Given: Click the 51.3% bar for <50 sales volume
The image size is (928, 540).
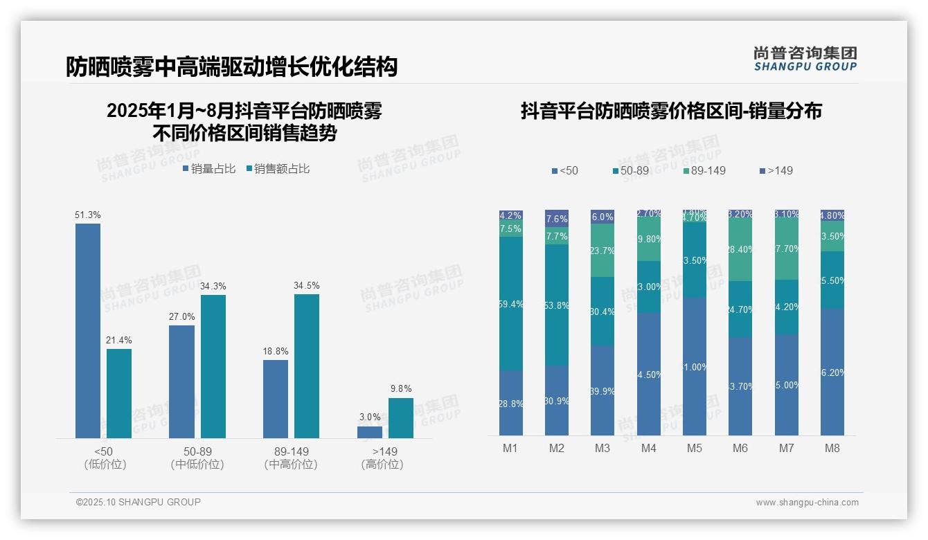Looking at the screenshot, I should pos(88,330).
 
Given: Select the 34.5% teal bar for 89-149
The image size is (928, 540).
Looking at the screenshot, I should pos(307,366).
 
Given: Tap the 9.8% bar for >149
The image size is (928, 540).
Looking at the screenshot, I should pos(400,418).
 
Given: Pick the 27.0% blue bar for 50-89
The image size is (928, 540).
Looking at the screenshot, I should pos(181,381).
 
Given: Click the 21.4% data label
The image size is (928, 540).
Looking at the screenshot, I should pos(119,340).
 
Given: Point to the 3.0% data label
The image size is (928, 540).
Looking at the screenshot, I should pos(370,417).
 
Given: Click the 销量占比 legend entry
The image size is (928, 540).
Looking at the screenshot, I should pos(209,169).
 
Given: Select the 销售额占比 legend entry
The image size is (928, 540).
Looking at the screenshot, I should pos(278,169).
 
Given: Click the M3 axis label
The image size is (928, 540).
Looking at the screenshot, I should pos(603,448).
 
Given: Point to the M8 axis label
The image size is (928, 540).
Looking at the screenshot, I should pos(832,448).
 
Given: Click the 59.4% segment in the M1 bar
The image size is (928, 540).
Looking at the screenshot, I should pos(511,303).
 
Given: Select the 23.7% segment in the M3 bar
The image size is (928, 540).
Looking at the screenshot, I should pos(603,251).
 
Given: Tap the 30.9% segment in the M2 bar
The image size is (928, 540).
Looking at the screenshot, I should pos(557,400).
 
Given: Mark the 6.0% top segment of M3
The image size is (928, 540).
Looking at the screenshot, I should pos(603,217).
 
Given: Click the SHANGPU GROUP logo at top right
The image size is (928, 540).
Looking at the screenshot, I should pos(805,59).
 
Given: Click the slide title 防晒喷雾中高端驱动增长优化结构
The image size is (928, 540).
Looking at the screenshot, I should pos(231,66).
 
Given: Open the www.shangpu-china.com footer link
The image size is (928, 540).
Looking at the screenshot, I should pos(807,503).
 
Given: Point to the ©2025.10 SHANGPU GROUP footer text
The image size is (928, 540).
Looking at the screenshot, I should pos(139,502).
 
